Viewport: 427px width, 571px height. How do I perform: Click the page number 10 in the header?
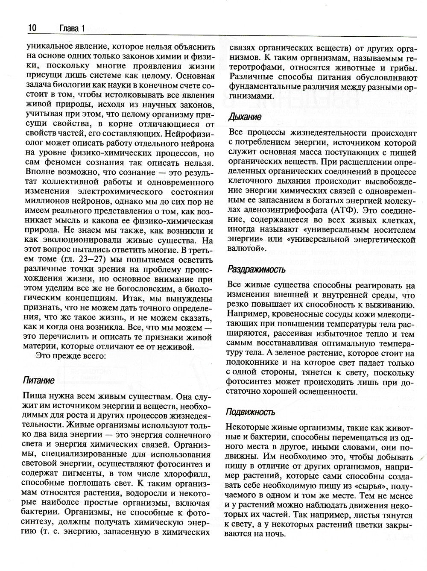tap(32, 28)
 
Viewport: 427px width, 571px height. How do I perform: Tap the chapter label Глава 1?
tap(70, 28)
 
